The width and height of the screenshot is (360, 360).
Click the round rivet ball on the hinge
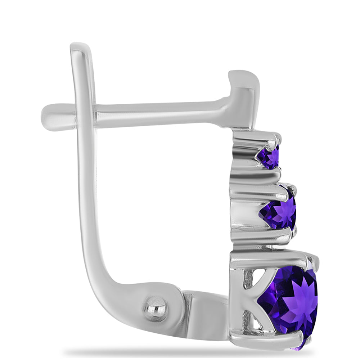[x=155, y=309]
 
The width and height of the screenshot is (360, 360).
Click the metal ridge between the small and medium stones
[x=256, y=176]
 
